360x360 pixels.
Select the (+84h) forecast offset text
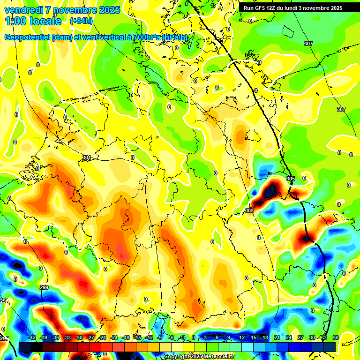[81, 21]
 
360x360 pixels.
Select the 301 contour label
[86, 158]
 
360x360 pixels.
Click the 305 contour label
[290, 179]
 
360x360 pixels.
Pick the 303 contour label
[249, 211]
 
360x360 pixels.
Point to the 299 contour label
[44, 287]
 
